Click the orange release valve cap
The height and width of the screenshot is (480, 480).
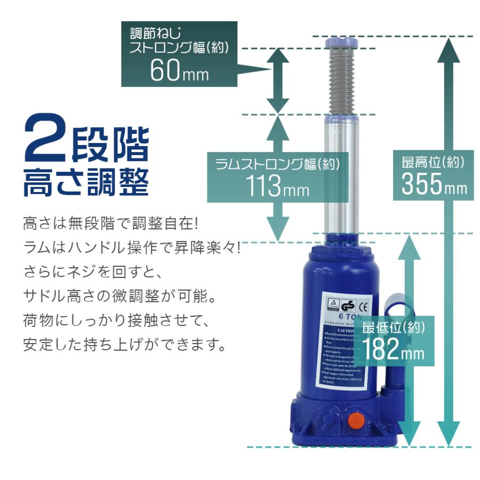point(356,420)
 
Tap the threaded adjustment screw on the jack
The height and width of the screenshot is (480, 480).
point(342,80)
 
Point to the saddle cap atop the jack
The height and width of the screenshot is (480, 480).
point(342,41)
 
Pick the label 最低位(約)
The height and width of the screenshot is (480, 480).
point(394,327)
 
